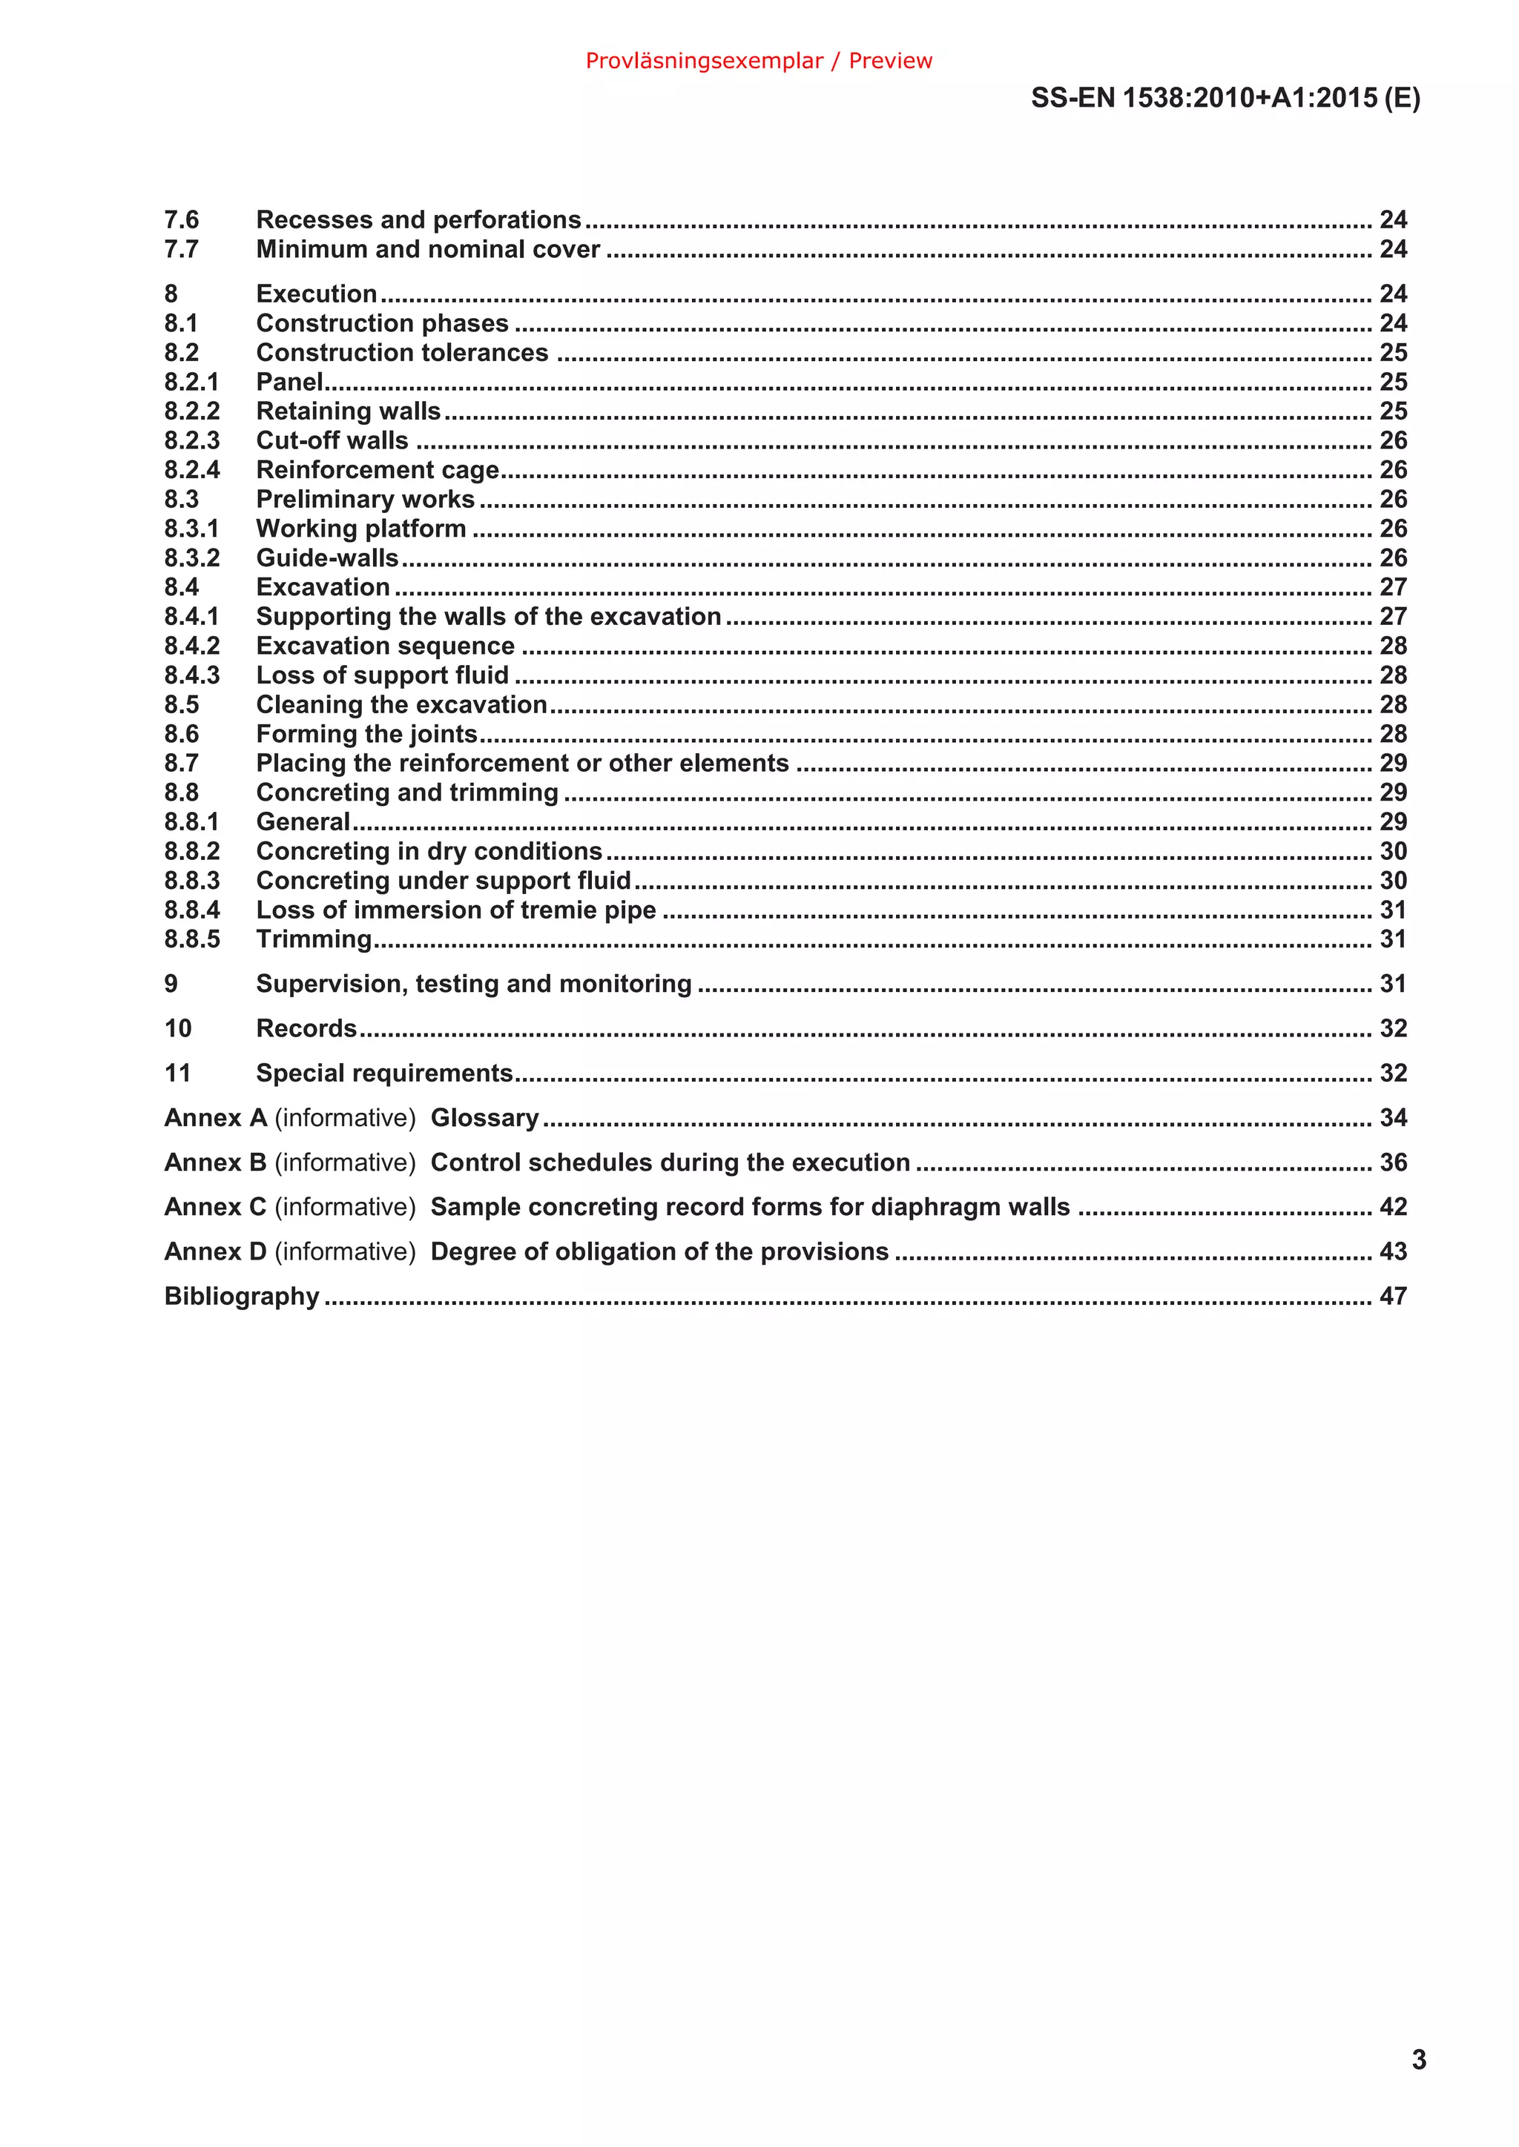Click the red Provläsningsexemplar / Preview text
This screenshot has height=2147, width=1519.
coord(759,61)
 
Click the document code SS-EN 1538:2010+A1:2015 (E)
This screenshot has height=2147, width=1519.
coord(1225,98)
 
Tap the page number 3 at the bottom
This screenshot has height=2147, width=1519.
coord(1418,2060)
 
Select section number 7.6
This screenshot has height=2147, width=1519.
coord(182,219)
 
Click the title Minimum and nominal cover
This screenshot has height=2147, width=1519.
coord(427,250)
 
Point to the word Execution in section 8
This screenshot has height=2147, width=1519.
coord(316,294)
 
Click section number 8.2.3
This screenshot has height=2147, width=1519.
coord(192,440)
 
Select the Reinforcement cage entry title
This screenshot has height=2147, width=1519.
coord(377,469)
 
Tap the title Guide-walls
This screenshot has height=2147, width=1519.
coord(326,558)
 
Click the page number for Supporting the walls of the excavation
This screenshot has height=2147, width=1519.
coord(1393,616)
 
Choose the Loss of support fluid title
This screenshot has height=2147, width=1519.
coord(383,675)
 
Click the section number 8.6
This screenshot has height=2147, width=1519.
coord(182,734)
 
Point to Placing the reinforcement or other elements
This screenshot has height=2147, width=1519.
coord(522,763)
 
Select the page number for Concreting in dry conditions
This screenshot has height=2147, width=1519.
coord(1393,851)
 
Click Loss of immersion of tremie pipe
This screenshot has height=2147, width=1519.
coord(455,910)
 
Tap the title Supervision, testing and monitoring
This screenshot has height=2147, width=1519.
coord(473,984)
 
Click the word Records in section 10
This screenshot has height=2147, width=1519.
coord(306,1028)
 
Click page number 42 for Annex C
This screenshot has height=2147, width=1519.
coord(1393,1207)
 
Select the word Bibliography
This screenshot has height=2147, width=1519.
coord(241,1296)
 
